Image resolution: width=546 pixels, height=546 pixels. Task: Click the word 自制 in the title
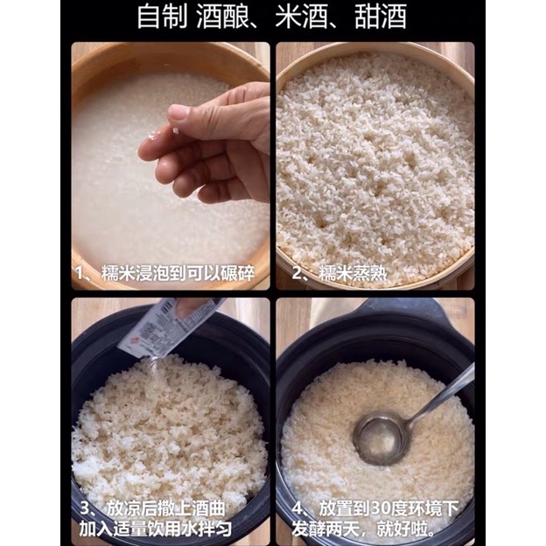tap(163, 17)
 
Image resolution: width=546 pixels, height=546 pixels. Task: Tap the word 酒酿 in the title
tap(222, 17)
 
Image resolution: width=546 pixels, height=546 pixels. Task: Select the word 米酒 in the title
tap(302, 17)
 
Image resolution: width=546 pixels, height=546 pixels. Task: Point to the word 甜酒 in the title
tap(381, 17)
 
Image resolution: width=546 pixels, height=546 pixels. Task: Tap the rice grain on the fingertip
tap(176, 131)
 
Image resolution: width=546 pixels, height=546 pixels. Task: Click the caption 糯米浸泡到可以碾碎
tap(178, 273)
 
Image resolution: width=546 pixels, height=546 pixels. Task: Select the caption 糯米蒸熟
tap(353, 273)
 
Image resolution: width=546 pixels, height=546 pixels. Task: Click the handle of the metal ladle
tap(442, 394)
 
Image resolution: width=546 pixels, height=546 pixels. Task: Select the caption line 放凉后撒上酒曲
tap(165, 508)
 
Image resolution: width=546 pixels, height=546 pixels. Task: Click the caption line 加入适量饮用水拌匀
tap(155, 528)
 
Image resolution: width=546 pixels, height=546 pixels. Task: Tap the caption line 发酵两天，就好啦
tap(363, 529)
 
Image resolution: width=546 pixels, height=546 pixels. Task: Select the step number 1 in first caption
tap(80, 273)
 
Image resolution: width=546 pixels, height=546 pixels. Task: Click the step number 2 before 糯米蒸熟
tap(297, 273)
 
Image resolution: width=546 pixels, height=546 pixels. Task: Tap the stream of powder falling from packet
tap(152, 374)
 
